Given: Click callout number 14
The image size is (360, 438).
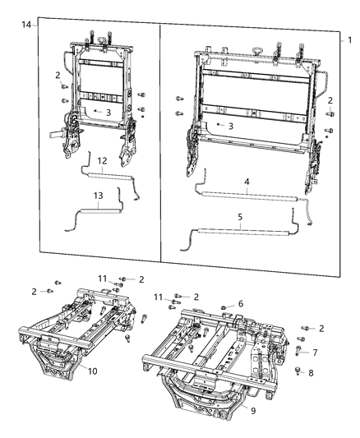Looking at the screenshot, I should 26,26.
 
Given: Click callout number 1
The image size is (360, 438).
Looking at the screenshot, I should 348,39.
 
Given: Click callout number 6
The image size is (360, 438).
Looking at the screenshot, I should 240,304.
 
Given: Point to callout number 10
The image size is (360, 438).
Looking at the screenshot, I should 93,371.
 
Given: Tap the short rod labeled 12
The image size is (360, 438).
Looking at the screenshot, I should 107,174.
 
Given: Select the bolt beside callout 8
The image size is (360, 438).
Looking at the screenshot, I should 298,370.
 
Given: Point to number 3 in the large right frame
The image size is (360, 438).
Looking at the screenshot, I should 232,126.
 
